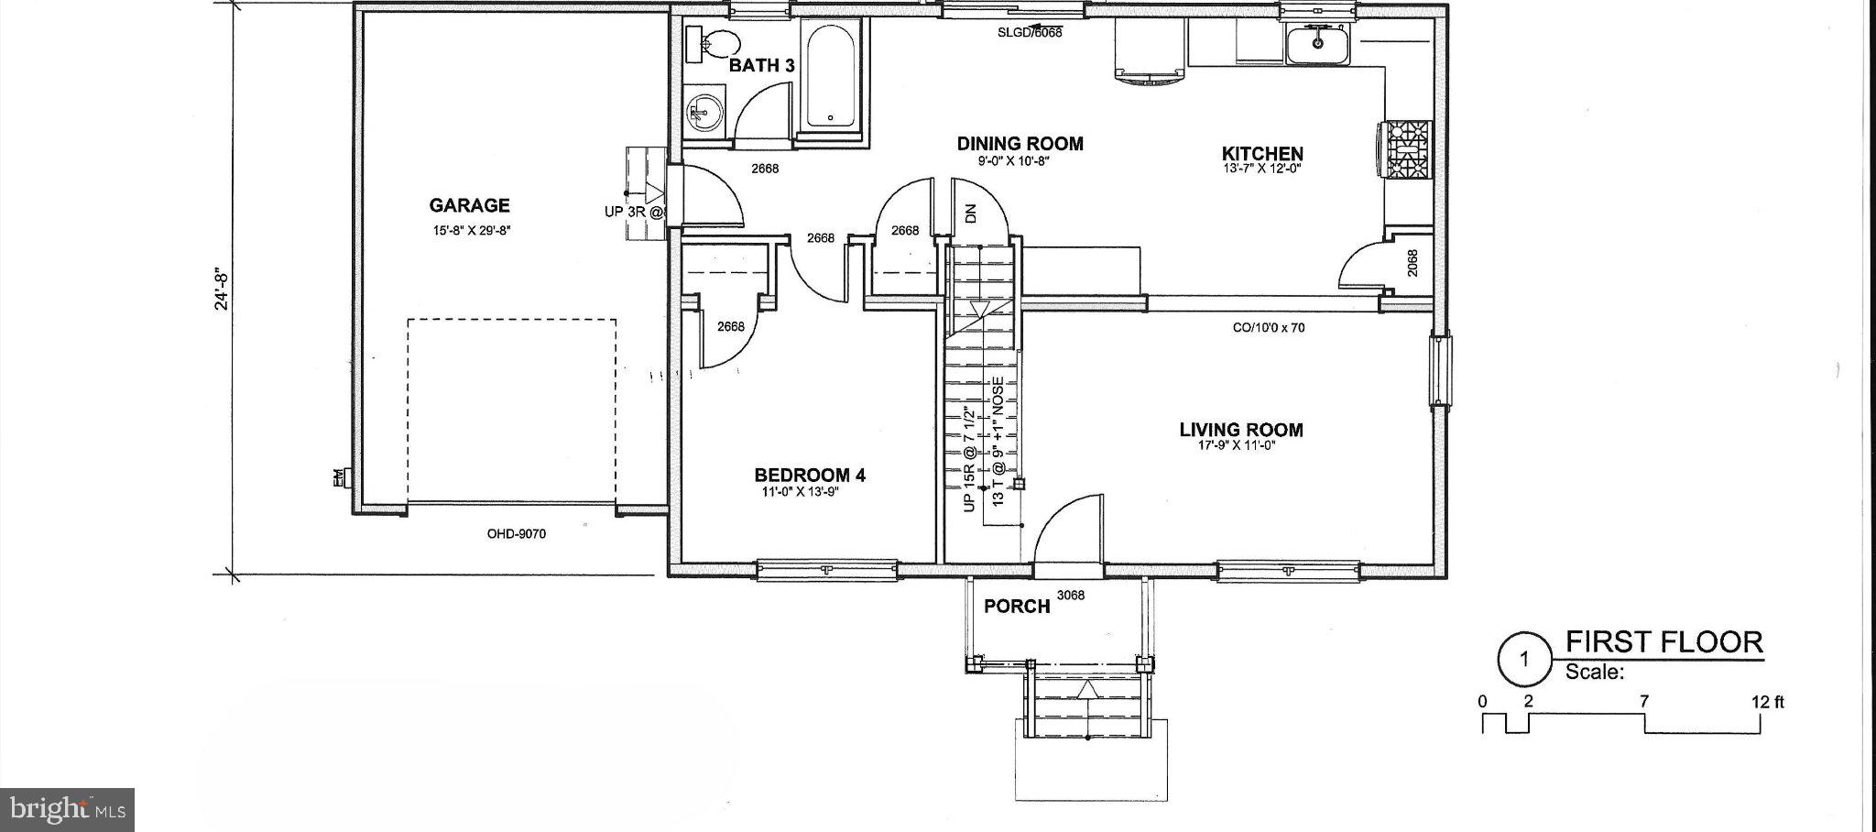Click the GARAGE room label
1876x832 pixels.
(x=469, y=205)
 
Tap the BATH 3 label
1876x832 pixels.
(x=761, y=66)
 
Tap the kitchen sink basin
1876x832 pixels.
(x=1317, y=44)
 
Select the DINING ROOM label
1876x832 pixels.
(x=1020, y=144)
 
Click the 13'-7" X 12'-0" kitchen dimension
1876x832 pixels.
(x=1261, y=170)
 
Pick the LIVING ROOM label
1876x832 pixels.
(x=1240, y=430)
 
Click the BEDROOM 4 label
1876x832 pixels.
(x=809, y=475)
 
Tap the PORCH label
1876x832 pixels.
(x=1016, y=607)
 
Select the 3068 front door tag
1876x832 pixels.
(x=1070, y=596)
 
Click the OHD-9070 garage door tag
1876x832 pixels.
(x=516, y=533)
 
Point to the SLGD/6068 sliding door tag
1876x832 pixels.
(x=1030, y=32)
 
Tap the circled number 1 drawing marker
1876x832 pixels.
(x=1523, y=659)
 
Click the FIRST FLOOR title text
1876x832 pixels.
(x=1663, y=641)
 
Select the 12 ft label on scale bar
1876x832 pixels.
(x=1767, y=703)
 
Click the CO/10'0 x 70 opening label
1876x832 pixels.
(x=1269, y=327)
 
